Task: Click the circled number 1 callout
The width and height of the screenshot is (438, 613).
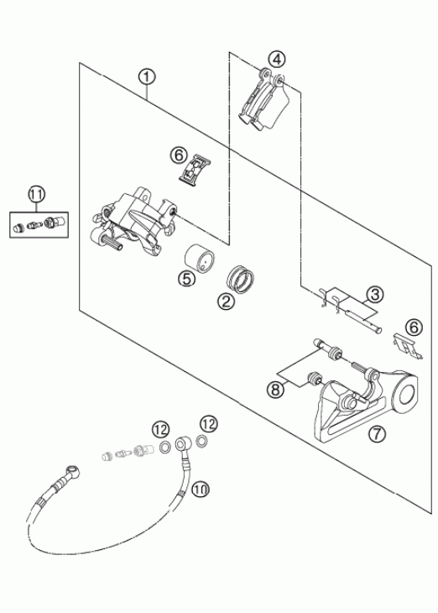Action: (x=147, y=76)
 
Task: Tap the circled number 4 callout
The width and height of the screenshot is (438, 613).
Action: (x=277, y=60)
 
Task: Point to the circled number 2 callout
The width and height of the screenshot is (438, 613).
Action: (x=227, y=301)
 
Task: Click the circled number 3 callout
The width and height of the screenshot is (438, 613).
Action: (x=375, y=295)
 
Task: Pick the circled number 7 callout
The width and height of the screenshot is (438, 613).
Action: (x=377, y=433)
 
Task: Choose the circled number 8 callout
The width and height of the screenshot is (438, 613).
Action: (x=276, y=390)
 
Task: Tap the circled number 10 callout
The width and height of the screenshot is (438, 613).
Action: (x=201, y=489)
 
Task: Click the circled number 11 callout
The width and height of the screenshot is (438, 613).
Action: (x=37, y=194)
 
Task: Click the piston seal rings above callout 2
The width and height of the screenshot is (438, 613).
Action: (x=241, y=278)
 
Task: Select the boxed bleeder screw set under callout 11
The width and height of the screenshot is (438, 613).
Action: (x=39, y=225)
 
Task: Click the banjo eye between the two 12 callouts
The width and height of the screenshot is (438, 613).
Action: (x=182, y=444)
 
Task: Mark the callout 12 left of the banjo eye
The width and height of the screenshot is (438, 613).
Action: (x=160, y=430)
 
